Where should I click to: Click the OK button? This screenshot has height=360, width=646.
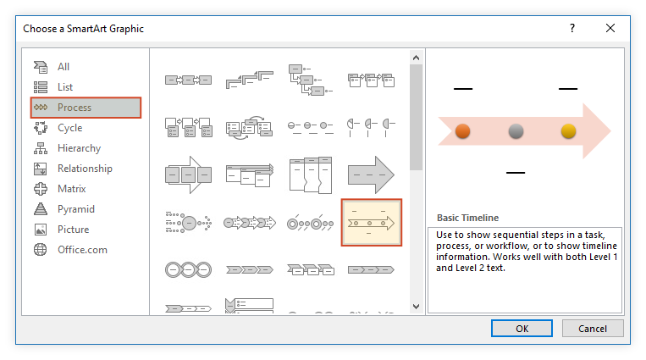click(x=522, y=329)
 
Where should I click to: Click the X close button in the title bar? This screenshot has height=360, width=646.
click(x=610, y=28)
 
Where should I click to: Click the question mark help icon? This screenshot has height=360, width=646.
click(x=571, y=28)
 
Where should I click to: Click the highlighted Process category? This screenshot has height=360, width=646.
click(x=86, y=108)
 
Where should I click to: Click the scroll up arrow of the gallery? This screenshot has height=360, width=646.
click(x=416, y=58)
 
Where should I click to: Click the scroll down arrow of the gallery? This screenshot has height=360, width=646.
click(x=416, y=307)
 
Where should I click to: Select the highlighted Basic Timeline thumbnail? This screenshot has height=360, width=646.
click(x=371, y=223)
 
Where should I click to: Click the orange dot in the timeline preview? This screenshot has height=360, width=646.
click(x=462, y=131)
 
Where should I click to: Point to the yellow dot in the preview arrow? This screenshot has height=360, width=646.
click(x=569, y=131)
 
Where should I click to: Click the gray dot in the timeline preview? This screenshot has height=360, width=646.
click(x=516, y=131)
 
